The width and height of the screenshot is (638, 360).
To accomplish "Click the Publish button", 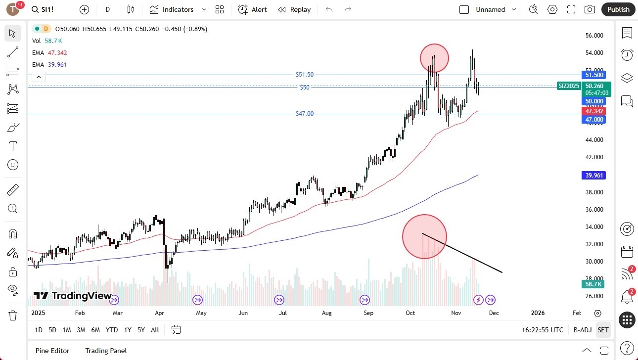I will [618, 9].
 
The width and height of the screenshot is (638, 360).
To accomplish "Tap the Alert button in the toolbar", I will [252, 9].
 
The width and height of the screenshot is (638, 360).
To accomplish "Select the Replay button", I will [294, 9].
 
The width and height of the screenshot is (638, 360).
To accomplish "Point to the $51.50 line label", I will [305, 75].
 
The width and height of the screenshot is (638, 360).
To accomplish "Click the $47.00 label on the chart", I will [305, 114].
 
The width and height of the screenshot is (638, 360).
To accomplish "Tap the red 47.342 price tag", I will [593, 112].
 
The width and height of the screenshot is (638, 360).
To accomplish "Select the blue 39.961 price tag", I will [593, 176].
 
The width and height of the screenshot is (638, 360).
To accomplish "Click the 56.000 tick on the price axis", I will [594, 36].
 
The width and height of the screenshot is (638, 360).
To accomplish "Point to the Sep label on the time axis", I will [368, 313].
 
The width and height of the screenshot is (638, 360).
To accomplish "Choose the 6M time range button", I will [95, 330].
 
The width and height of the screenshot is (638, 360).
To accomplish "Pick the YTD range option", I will [112, 330].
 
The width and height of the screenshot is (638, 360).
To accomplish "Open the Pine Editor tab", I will [52, 351].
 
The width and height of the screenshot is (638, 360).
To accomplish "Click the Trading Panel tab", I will [106, 351].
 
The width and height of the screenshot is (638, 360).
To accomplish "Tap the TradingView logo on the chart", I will [73, 296].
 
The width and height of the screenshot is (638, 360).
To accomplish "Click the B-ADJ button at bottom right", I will [583, 330].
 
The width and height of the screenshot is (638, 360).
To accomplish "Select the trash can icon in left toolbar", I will [13, 315].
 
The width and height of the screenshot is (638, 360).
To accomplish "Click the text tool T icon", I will [13, 146].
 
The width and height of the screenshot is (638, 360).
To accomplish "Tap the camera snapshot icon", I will [590, 9].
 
